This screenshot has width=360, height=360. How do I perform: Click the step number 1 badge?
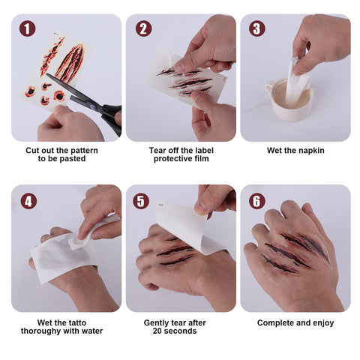tap(27, 28)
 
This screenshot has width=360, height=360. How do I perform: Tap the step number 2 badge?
tap(143, 28)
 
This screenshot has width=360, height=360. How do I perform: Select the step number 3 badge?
tap(257, 28)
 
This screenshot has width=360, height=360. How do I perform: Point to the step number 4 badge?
tap(28, 201)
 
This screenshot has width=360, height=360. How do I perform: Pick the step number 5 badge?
tap(141, 201)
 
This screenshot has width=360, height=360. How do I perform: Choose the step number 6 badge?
tap(257, 201)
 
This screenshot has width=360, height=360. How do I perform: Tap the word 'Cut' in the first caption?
tap(32, 151)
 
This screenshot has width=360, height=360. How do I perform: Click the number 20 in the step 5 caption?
tap(157, 331)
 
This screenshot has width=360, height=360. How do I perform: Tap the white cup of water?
tap(290, 100)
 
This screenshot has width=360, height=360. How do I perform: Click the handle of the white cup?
tap(269, 88)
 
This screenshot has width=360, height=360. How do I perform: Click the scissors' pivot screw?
tap(93, 107)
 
